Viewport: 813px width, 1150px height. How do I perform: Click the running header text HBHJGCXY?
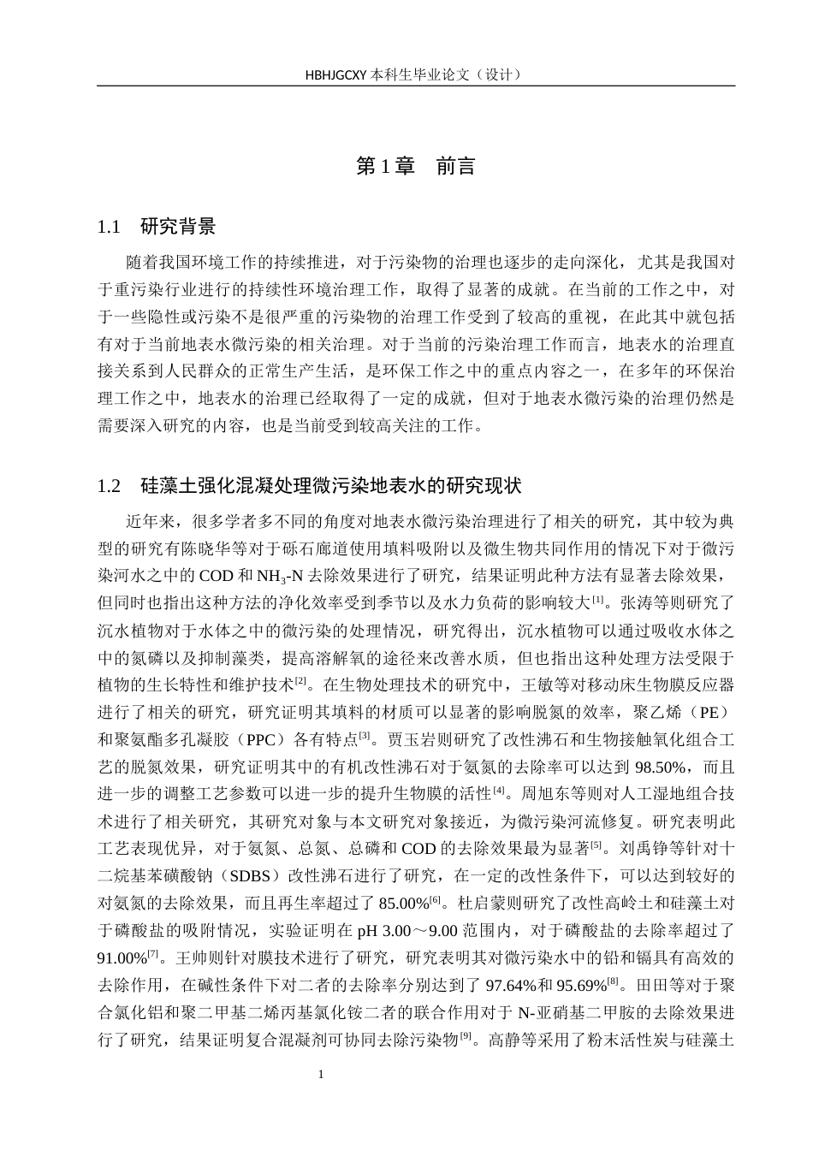click(336, 74)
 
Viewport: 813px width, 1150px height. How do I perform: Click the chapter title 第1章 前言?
click(415, 166)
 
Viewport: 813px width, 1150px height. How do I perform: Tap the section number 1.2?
click(110, 486)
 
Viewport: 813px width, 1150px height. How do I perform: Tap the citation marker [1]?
click(598, 598)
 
